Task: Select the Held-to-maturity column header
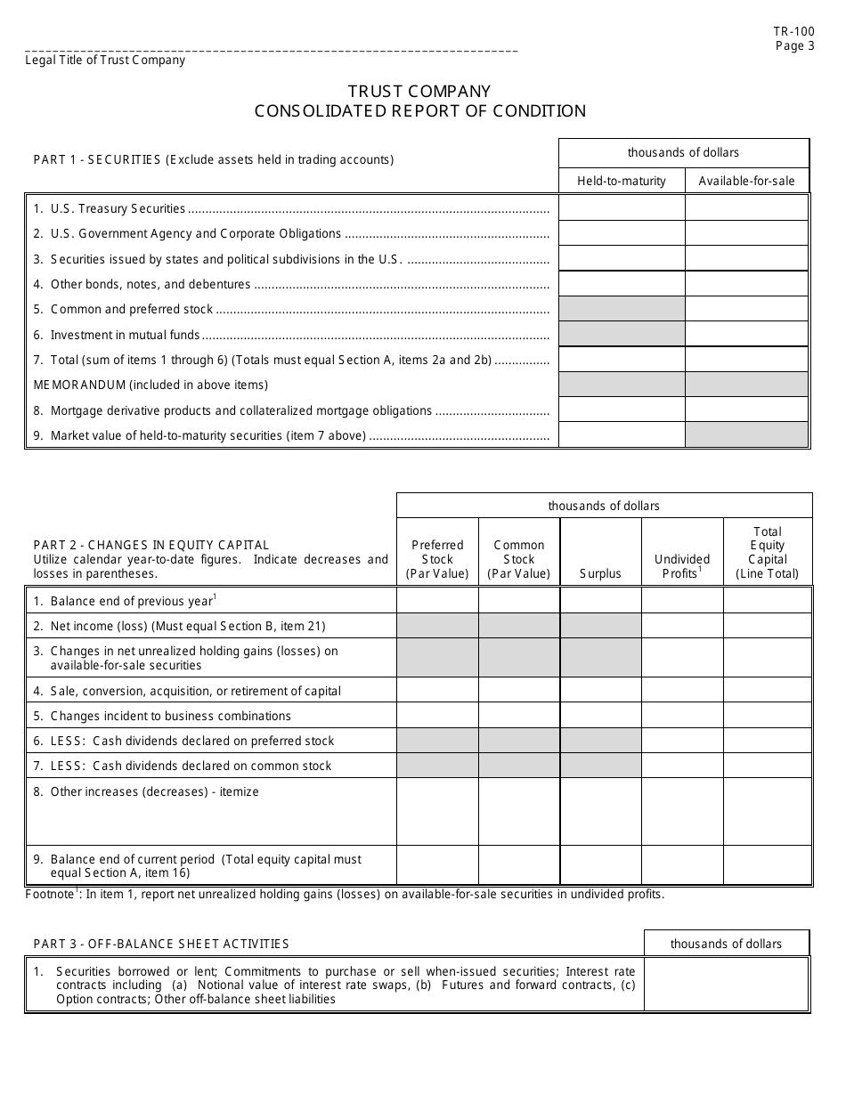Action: [x=622, y=181]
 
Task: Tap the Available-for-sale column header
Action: [x=746, y=181]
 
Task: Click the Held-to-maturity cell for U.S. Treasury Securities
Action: [x=622, y=208]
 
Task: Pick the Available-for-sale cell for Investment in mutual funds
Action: [x=746, y=335]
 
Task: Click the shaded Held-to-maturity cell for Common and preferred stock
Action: [x=622, y=309]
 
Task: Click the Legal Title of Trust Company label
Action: [x=105, y=61]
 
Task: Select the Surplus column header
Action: [x=600, y=573]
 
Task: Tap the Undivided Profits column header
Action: [x=682, y=566]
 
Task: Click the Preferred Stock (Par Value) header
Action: [x=437, y=559]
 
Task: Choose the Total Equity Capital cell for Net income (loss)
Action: [x=768, y=626]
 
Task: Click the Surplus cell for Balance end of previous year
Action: [x=600, y=601]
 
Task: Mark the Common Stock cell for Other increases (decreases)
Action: [x=519, y=811]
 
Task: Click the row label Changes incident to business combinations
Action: [x=171, y=716]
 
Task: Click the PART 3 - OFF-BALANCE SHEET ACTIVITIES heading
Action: [x=161, y=944]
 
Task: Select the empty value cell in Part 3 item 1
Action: [x=726, y=985]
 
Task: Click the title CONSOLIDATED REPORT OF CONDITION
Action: [x=420, y=111]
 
